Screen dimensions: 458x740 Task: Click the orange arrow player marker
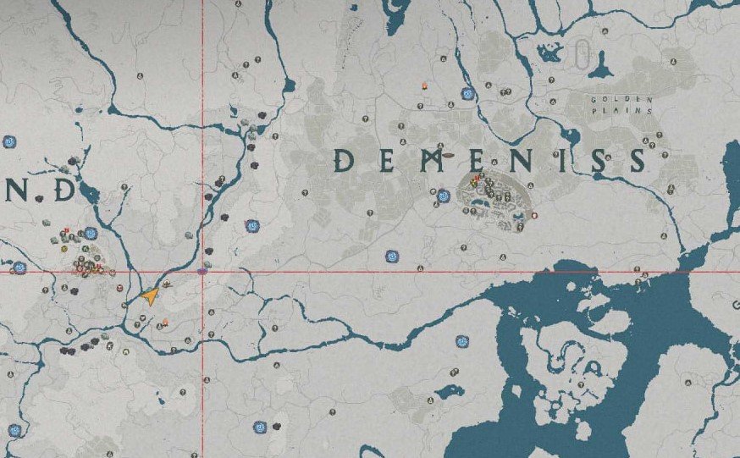point(150,295)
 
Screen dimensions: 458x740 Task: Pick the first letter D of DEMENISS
point(345,160)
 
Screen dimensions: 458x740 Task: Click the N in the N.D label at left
point(17,191)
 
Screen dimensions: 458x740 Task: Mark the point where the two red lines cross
point(202,272)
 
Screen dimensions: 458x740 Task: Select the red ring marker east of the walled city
point(534,216)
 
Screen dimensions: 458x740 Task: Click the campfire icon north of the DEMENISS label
point(423,86)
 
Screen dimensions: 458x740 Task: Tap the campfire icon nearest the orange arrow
point(165,322)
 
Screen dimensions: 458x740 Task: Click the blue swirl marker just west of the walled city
point(442,196)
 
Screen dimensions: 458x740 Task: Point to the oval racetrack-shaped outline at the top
point(582,55)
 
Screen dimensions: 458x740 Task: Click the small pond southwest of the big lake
point(443,392)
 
